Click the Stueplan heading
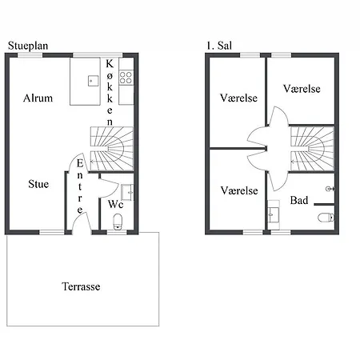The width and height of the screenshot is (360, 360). tap(28, 46)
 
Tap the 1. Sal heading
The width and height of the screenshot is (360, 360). tap(219, 46)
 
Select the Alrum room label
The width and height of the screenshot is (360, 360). tap(38, 98)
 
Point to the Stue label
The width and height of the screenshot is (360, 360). tap(38, 184)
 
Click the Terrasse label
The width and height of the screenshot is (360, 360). tap(81, 286)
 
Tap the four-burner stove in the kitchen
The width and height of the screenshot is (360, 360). tap(126, 78)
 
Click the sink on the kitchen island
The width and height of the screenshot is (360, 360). tap(93, 81)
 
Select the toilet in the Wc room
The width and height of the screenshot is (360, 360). tap(118, 222)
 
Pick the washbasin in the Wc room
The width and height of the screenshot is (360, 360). tap(127, 192)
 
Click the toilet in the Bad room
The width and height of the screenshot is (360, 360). tap(326, 218)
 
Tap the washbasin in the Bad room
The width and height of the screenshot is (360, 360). tap(274, 215)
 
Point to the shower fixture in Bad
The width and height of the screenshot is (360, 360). tap(330, 189)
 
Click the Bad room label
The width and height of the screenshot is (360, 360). tap(299, 200)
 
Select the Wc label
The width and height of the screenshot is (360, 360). tap(116, 204)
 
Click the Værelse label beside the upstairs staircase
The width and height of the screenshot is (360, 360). tap(302, 89)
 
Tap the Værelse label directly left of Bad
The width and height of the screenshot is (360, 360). tap(239, 190)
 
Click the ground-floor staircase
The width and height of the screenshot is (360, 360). tap(112, 149)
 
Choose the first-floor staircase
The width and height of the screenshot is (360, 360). tap(312, 148)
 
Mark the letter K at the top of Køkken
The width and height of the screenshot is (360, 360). tap(110, 64)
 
